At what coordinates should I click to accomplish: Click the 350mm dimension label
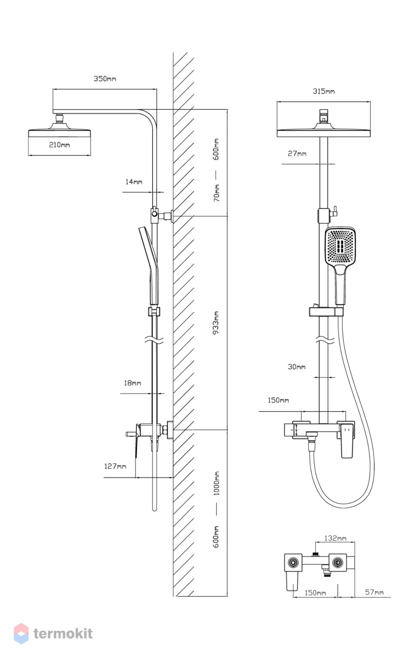point(105,79)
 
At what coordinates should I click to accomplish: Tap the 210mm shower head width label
point(59,145)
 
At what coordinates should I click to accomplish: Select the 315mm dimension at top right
point(323,92)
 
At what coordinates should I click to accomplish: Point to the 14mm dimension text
point(134,182)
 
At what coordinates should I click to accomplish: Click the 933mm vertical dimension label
point(216,323)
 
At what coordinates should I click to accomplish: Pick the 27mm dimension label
point(297,154)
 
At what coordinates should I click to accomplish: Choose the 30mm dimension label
point(296,367)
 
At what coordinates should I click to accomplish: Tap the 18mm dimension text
point(132,383)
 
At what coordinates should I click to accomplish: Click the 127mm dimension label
point(115,466)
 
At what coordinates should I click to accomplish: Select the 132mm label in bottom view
point(335,538)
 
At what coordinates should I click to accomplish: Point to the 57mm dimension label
point(374,593)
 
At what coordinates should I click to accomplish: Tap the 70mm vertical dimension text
point(216,193)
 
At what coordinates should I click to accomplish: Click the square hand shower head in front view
point(340,246)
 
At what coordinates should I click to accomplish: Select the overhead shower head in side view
point(59,130)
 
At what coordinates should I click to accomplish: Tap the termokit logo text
point(63,634)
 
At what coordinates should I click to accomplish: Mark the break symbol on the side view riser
point(154,340)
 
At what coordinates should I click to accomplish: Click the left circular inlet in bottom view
point(293,562)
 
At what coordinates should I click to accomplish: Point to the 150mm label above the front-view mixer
point(278,400)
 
